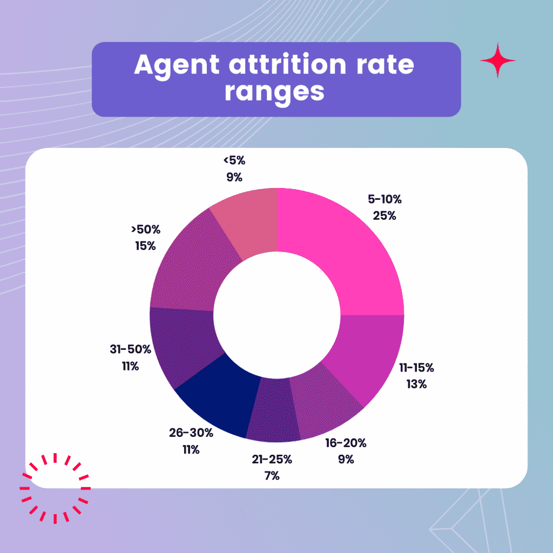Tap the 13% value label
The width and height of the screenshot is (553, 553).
[416, 385]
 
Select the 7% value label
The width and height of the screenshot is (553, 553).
[272, 476]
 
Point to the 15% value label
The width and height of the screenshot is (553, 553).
[145, 246]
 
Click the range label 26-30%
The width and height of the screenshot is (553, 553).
[190, 433]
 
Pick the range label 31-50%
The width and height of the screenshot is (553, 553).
[130, 349]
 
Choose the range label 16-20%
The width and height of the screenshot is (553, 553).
[346, 443]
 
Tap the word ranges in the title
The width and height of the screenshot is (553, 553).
[274, 91]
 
